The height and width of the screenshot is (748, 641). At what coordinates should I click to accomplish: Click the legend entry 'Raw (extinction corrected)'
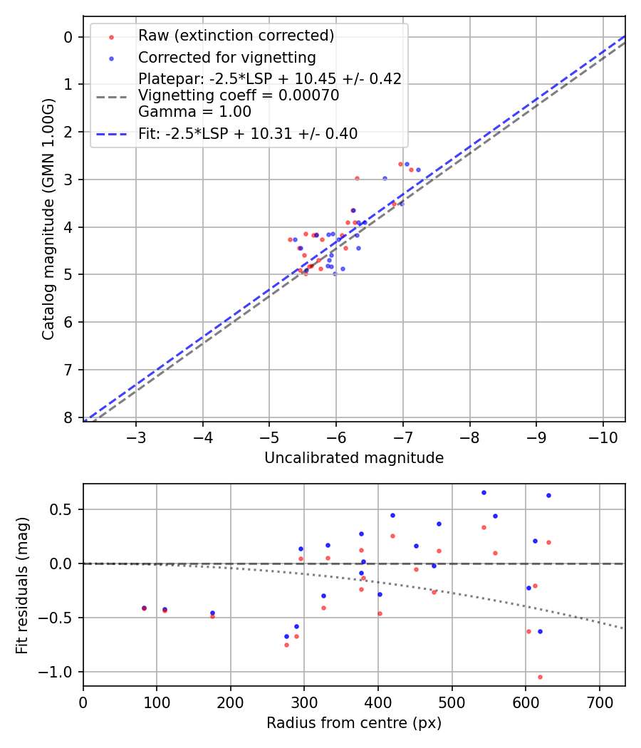click(x=236, y=35)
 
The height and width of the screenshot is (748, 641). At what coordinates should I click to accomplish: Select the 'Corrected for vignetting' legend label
click(x=226, y=57)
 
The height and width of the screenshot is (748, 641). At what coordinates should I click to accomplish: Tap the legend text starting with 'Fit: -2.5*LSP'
click(x=248, y=133)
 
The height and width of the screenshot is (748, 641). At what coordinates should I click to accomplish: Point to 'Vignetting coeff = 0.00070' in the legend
click(x=239, y=95)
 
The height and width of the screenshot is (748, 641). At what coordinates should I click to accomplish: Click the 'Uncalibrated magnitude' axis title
click(x=354, y=458)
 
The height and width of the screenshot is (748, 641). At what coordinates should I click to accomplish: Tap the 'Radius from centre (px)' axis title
click(x=354, y=723)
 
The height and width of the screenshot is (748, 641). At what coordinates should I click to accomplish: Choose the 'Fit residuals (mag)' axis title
click(x=22, y=584)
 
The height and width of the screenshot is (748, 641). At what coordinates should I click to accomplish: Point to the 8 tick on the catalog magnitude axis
click(x=68, y=417)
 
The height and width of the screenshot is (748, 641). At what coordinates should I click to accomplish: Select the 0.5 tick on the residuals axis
click(x=65, y=509)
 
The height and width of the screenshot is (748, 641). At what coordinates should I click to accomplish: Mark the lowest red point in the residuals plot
click(x=540, y=677)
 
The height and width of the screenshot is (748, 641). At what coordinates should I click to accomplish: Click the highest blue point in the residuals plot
click(x=484, y=492)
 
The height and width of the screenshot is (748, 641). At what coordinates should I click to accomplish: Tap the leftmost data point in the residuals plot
click(x=144, y=608)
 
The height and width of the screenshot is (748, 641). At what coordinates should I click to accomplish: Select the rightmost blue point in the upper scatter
click(x=418, y=170)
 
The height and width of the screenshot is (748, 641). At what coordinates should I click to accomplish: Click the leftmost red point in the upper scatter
click(x=290, y=239)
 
